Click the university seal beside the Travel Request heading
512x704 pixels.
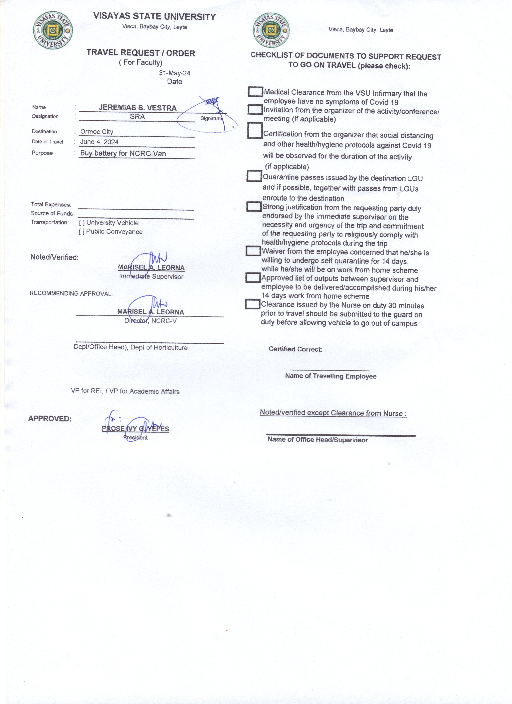click(53, 30)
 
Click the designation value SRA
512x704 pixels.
click(137, 117)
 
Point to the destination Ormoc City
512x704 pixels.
click(97, 132)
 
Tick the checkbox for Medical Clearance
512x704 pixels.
click(255, 92)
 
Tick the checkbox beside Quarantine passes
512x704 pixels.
click(254, 176)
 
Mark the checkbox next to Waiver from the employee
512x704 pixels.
click(253, 251)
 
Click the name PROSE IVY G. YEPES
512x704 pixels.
click(135, 429)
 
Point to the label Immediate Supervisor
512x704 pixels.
click(151, 277)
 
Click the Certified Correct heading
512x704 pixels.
click(295, 349)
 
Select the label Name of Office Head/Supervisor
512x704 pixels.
click(317, 440)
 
